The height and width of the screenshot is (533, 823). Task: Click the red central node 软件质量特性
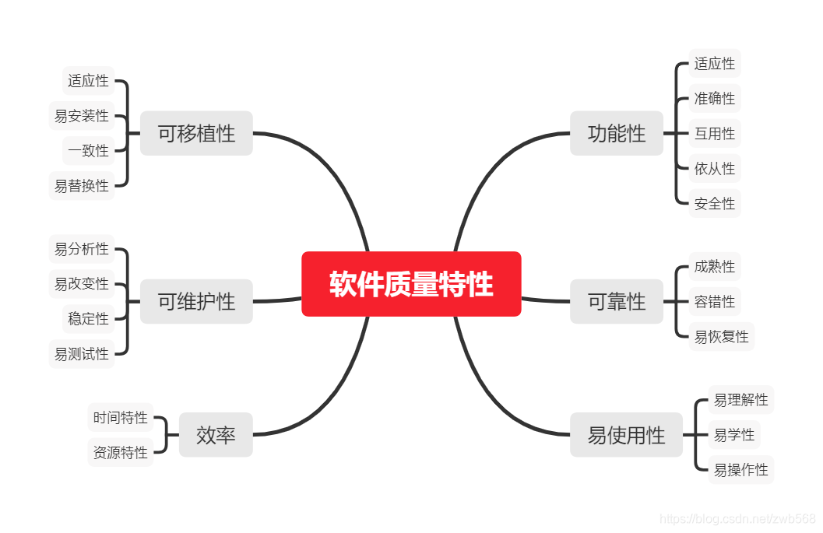(x=411, y=284)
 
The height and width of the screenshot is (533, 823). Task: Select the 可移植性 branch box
(x=196, y=133)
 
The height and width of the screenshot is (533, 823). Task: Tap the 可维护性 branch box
(x=196, y=301)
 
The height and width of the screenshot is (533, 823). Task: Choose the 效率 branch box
(x=216, y=435)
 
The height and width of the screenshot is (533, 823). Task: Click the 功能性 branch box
(x=617, y=133)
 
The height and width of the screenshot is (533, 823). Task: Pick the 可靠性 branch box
(x=617, y=301)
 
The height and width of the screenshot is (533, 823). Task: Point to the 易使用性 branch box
(x=626, y=435)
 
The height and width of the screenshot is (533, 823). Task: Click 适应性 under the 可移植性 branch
(x=88, y=81)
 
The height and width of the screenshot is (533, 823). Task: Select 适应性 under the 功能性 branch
(x=715, y=64)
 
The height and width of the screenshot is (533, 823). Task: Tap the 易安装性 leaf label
(x=82, y=116)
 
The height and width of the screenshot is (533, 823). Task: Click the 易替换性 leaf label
(x=82, y=186)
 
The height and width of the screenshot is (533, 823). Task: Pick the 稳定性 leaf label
(x=88, y=319)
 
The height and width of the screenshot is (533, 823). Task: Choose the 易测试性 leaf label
(x=82, y=354)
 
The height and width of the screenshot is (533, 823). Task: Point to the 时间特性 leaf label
(x=120, y=418)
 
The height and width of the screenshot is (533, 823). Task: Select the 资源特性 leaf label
(x=120, y=453)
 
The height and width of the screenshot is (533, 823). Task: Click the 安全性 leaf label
(x=715, y=204)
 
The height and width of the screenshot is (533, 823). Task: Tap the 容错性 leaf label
(x=715, y=302)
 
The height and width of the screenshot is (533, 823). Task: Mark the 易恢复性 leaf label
(x=722, y=337)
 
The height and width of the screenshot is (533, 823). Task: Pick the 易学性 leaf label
(x=734, y=435)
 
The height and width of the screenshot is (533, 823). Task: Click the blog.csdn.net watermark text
(x=737, y=519)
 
